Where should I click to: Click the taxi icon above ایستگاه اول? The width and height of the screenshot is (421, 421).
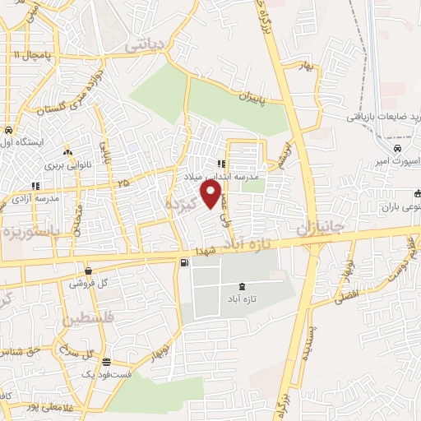[x=7, y=131]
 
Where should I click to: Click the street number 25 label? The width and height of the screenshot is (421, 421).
[x=123, y=182]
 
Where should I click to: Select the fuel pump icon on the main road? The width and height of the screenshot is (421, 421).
[x=183, y=263]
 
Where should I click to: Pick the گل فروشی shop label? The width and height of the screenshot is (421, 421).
[x=88, y=283]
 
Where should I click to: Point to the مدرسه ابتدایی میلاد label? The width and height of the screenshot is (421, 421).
[x=254, y=176]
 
